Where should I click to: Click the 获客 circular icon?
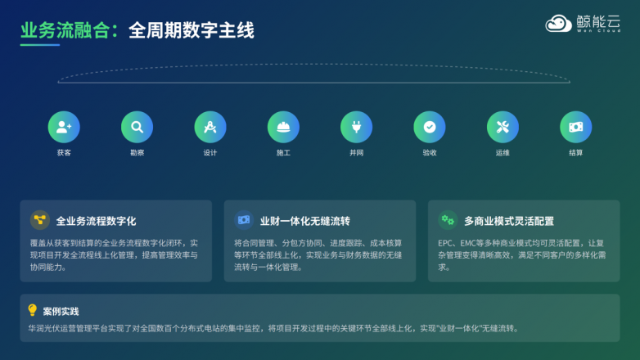tap(64, 127)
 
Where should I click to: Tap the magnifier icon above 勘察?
tap(137, 127)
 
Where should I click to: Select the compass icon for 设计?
tap(210, 127)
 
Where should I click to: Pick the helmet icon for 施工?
tap(283, 127)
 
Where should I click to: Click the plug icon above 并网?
tap(357, 127)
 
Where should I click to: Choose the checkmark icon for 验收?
tap(430, 127)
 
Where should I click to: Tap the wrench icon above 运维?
tap(503, 127)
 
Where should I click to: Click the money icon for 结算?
tap(576, 127)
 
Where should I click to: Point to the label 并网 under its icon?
tap(357, 153)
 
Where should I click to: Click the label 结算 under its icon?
tap(576, 153)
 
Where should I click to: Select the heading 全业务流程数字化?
tap(96, 221)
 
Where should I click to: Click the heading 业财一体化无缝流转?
tap(304, 221)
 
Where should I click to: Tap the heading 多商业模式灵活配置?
tap(508, 221)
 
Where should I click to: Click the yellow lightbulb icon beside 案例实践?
tap(33, 310)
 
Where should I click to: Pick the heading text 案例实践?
tap(61, 311)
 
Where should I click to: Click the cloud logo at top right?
tap(559, 24)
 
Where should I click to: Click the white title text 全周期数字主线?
tap(191, 30)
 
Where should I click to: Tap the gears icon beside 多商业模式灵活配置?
tap(447, 219)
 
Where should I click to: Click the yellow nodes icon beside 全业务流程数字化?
tap(39, 219)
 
